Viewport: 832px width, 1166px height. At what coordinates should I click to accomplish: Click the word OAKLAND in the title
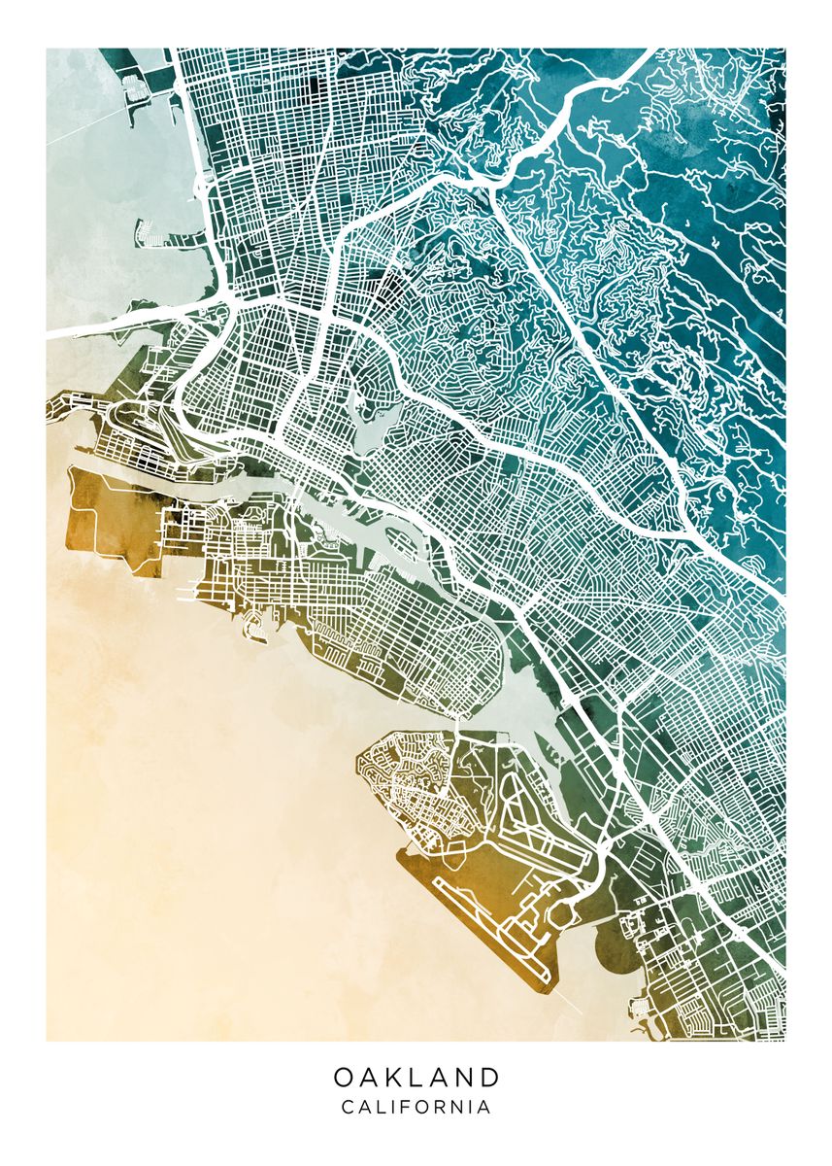click(416, 1077)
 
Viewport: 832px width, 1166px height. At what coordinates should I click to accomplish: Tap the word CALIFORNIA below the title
click(416, 1107)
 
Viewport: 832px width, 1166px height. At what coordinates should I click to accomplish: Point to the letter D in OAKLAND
click(489, 1077)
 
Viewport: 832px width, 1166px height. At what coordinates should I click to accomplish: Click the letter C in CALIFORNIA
click(348, 1107)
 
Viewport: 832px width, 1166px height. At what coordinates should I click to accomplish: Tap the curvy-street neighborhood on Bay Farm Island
click(408, 777)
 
